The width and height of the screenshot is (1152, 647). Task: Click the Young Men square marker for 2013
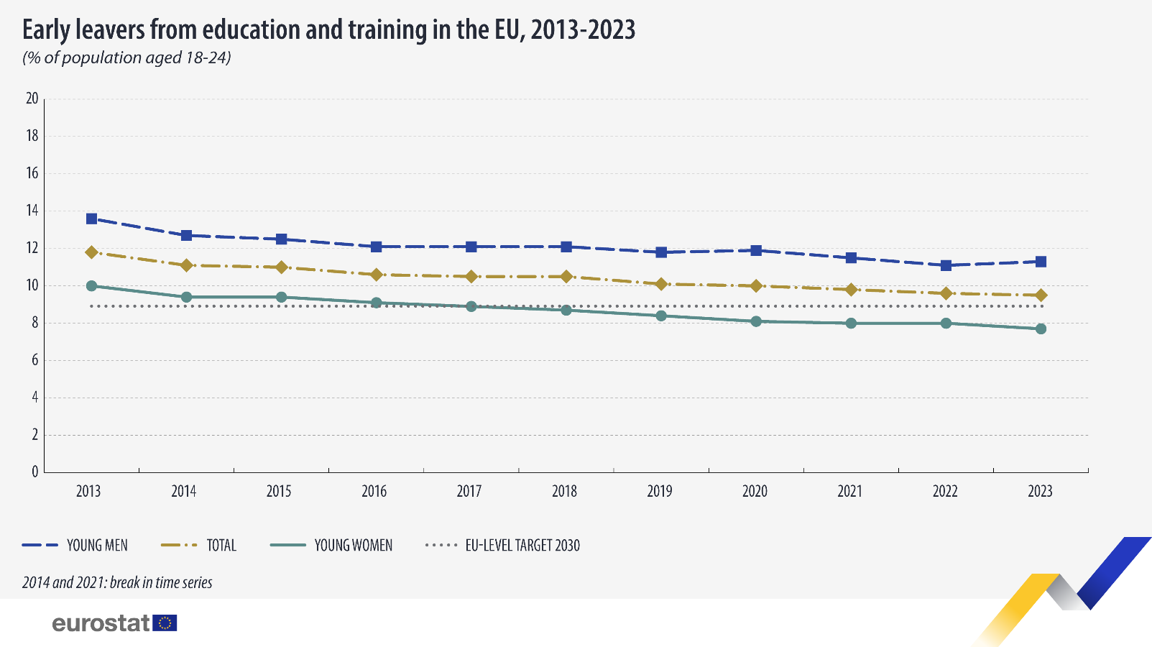[91, 219]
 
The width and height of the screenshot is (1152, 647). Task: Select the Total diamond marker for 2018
[566, 277]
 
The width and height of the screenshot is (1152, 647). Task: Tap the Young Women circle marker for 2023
[1041, 329]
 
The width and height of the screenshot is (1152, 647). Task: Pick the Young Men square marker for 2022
[946, 265]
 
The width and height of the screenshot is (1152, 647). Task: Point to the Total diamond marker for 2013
[91, 252]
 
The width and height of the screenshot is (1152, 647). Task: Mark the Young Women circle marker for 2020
[756, 321]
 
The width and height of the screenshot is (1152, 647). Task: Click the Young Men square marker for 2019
[661, 252]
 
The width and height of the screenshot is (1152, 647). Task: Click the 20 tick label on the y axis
[32, 98]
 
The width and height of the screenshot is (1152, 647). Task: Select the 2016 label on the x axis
[374, 491]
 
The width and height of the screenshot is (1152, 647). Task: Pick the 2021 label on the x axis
[849, 491]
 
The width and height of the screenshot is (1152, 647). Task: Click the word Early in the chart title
[45, 30]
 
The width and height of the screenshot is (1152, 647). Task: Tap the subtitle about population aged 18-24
[126, 58]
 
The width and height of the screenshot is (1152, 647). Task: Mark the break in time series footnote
[117, 582]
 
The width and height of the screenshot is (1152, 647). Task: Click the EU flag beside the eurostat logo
[165, 623]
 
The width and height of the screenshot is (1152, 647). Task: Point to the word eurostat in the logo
[101, 623]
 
